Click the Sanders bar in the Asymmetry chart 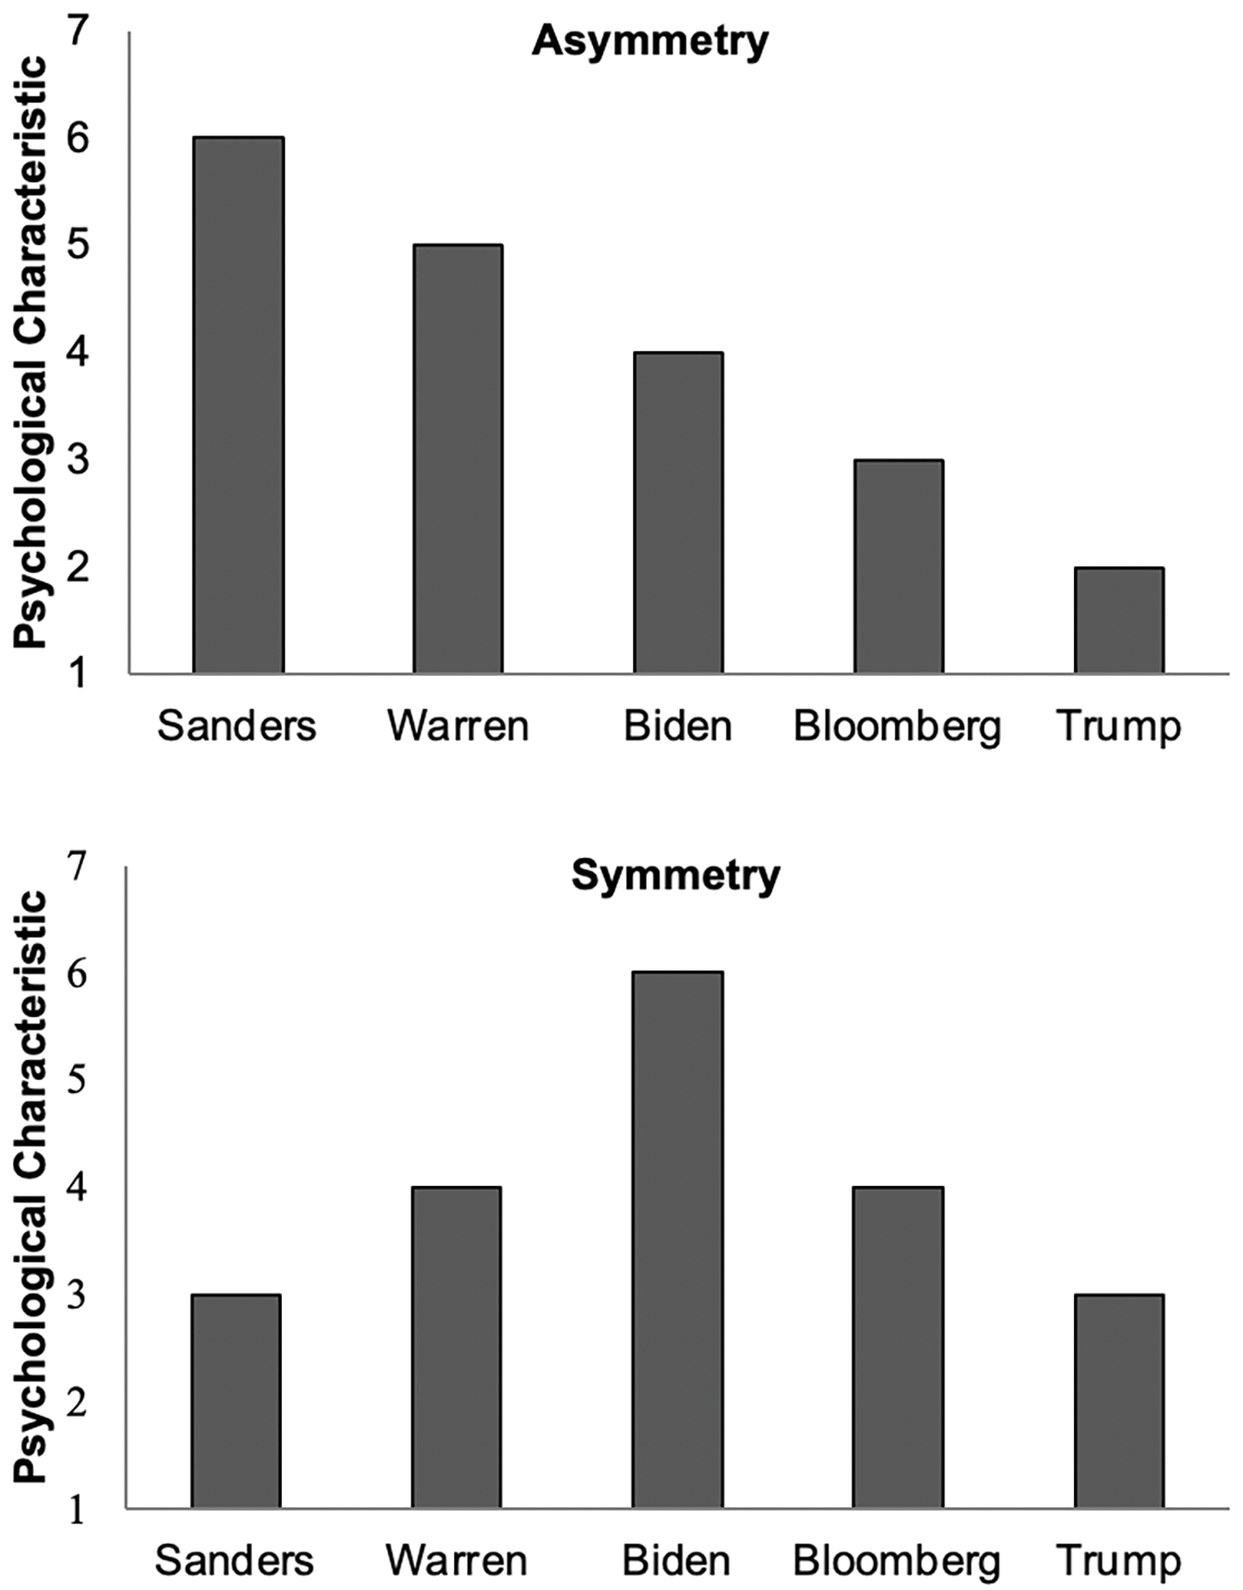point(238,404)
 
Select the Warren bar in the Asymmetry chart point(458,459)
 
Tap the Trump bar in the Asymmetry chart point(1118,620)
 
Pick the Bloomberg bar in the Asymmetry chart point(898,566)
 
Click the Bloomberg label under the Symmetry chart point(897,1561)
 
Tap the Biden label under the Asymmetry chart point(678,726)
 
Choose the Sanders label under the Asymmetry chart point(236,726)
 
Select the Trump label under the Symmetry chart point(1117,1561)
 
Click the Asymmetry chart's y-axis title point(31,353)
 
